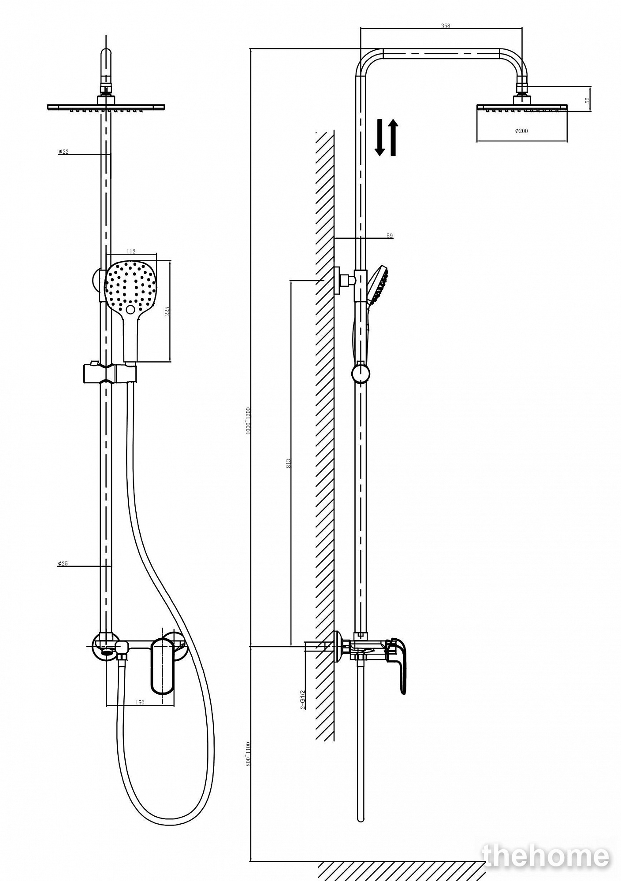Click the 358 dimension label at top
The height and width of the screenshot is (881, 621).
446,26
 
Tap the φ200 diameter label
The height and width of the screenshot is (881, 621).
522,131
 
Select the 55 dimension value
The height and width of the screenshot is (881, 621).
587,100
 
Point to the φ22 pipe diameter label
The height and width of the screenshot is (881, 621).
63,152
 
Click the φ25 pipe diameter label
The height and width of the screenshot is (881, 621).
63,563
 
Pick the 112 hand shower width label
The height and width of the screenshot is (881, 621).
131,251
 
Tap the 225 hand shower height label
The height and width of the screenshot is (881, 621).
167,311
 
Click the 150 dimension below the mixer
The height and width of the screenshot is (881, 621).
139,702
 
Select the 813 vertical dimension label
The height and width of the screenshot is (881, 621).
289,463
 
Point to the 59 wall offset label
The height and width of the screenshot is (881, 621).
390,236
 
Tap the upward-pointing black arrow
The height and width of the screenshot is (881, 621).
393,137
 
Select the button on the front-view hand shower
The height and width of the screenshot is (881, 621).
130,309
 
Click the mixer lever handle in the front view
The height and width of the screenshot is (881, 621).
162,667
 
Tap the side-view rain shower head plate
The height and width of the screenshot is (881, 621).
522,107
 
